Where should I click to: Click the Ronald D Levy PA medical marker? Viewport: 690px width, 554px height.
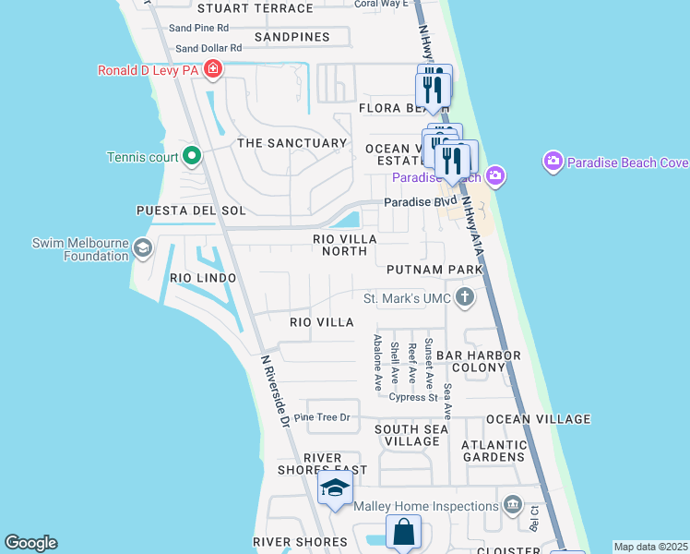click(214, 68)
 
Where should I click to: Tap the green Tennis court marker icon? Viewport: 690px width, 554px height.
click(192, 155)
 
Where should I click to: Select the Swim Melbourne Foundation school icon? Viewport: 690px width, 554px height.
click(142, 247)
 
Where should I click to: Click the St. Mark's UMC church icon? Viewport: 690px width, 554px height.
click(466, 297)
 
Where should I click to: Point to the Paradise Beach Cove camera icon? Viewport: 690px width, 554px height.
click(553, 163)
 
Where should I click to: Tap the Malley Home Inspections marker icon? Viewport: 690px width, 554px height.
click(513, 505)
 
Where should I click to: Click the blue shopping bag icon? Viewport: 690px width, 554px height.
click(403, 533)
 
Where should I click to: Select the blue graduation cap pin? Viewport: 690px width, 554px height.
click(335, 488)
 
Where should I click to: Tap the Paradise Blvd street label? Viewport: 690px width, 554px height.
click(421, 201)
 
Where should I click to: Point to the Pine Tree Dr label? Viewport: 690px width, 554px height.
click(322, 417)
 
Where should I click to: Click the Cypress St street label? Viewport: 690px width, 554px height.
click(412, 398)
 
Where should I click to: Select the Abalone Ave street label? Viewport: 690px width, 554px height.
click(377, 362)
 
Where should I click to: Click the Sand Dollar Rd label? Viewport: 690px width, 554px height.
click(208, 48)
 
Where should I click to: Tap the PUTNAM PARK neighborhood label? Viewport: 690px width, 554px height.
click(434, 270)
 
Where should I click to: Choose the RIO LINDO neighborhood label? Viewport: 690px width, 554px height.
click(203, 278)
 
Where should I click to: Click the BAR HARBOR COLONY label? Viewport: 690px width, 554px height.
click(479, 361)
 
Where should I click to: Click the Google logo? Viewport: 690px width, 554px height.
click(30, 543)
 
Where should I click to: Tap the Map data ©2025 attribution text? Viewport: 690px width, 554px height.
click(650, 547)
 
